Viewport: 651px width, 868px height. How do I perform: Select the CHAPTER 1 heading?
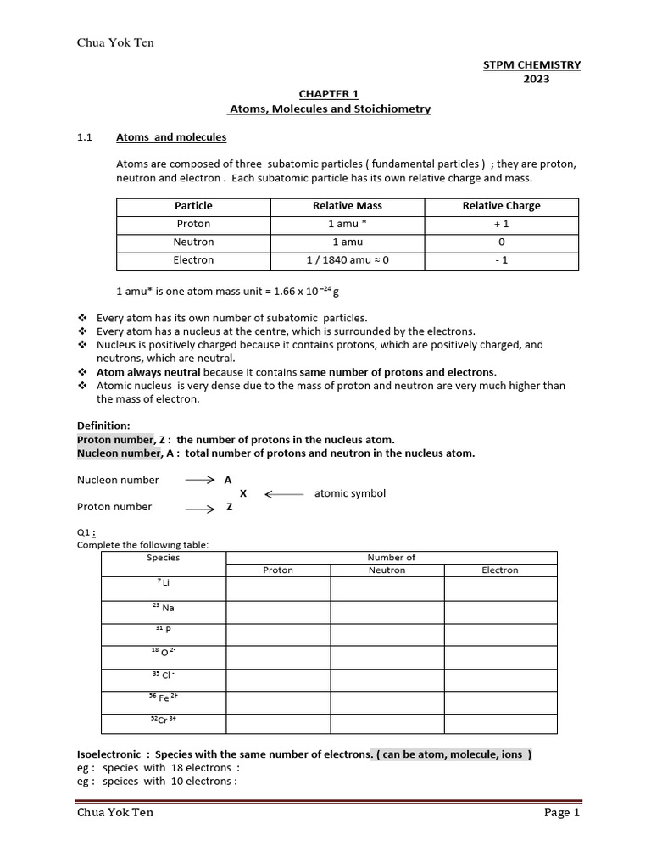tap(329, 95)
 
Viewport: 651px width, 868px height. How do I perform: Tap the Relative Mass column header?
tap(348, 206)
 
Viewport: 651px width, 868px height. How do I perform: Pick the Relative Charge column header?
tap(501, 206)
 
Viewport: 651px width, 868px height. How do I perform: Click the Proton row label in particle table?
tap(193, 224)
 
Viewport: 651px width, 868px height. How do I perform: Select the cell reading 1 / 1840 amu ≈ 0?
tap(348, 260)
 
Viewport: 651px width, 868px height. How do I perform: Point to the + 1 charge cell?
tap(501, 224)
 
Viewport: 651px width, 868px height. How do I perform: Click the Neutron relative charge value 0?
tap(501, 242)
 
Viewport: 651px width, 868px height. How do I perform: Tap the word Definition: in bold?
tap(103, 426)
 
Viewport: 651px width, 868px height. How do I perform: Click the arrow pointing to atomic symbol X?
tap(284, 493)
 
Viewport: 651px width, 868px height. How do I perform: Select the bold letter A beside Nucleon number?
tap(227, 480)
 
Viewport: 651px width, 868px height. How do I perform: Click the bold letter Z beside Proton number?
tap(228, 507)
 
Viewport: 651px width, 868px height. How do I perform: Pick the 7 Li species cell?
tap(163, 582)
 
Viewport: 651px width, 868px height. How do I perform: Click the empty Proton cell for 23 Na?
tap(278, 608)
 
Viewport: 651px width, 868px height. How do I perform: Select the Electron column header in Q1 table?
tap(500, 570)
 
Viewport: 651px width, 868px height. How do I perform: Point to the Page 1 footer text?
tap(561, 813)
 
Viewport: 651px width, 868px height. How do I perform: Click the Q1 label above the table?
tap(86, 532)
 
